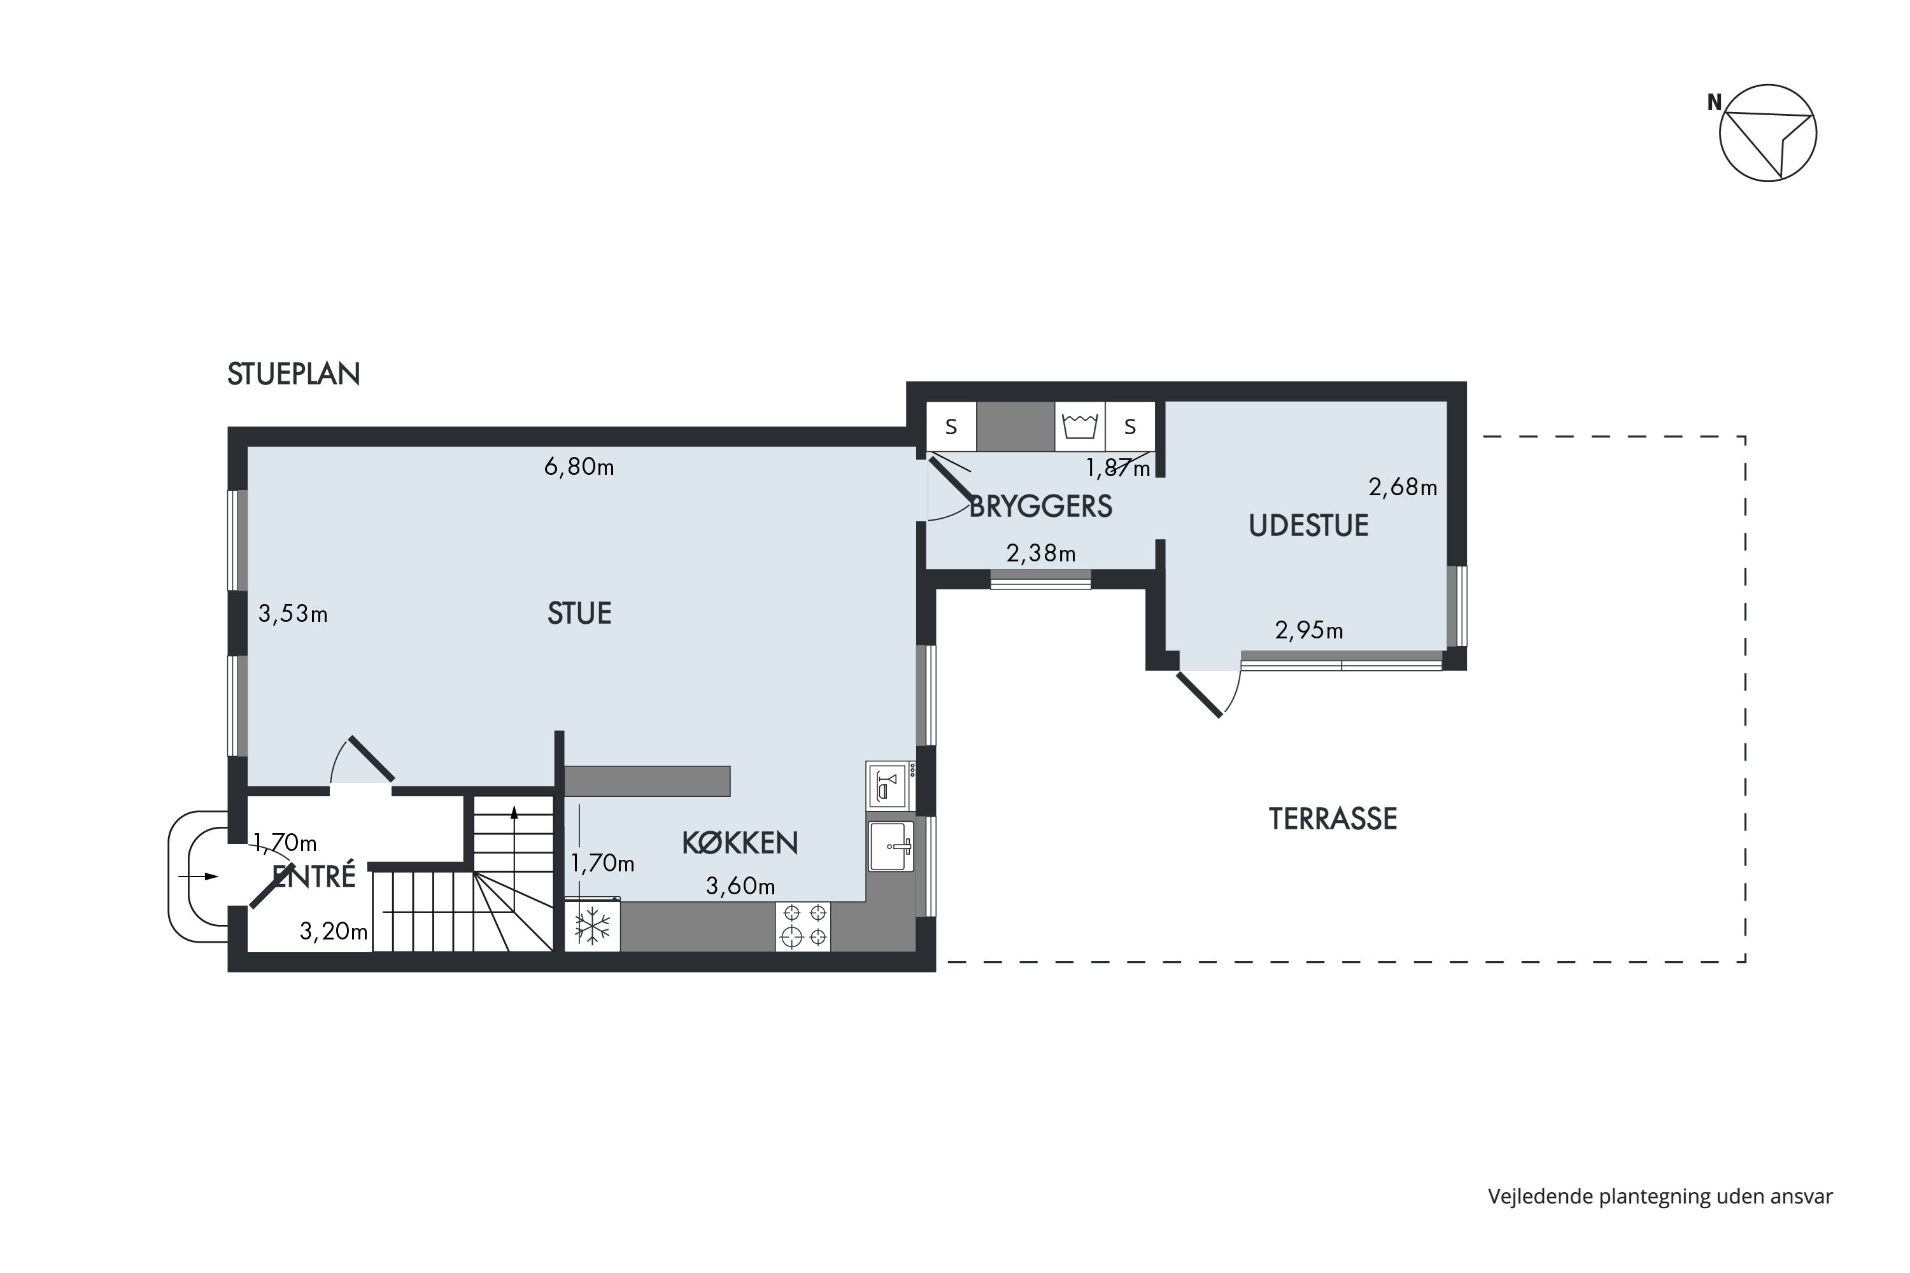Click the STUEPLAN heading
coord(293,374)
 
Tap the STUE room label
coord(579,614)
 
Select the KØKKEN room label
coord(739,843)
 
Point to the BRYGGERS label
coord(1040,507)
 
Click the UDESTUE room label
coord(1308,526)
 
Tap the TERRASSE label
coord(1333,819)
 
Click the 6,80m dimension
coord(578,467)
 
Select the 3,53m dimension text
coord(292,614)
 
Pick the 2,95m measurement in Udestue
coord(1308,630)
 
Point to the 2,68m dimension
coord(1403,487)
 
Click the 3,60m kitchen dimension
coord(740,886)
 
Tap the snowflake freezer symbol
coord(592,926)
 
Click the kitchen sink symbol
coord(891,846)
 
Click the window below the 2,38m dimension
coord(1040,579)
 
